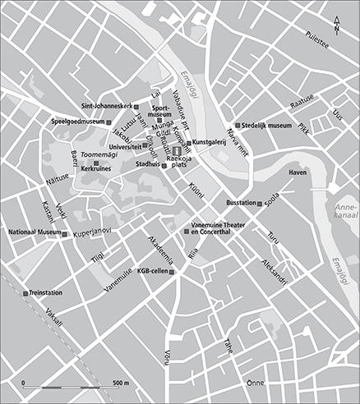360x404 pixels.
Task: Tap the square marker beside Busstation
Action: click(261, 202)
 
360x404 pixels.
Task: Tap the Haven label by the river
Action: click(298, 173)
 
